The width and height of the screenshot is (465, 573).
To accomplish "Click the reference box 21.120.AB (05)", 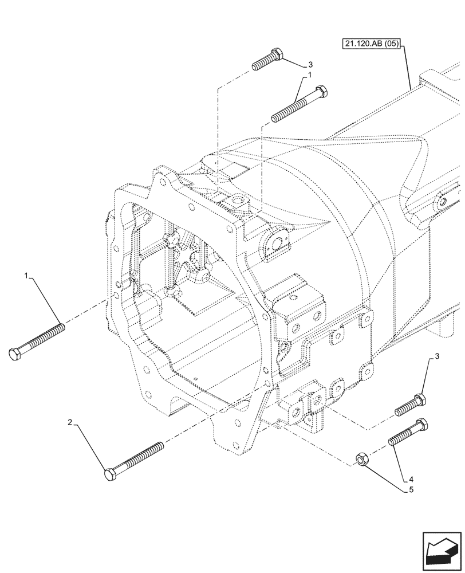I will (x=373, y=43).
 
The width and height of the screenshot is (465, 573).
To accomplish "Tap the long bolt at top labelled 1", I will (x=299, y=104).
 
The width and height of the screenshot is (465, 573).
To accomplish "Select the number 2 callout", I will (x=70, y=423).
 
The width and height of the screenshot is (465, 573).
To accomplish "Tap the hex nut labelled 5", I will (x=362, y=458).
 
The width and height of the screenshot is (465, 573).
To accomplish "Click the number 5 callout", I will (x=411, y=490).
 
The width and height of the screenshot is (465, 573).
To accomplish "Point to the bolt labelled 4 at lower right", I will (x=407, y=433).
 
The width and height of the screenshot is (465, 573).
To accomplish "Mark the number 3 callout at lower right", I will (x=437, y=358).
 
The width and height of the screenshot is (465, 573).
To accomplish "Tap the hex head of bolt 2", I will (x=111, y=474).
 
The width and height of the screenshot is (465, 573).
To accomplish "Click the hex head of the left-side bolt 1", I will (x=15, y=354).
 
